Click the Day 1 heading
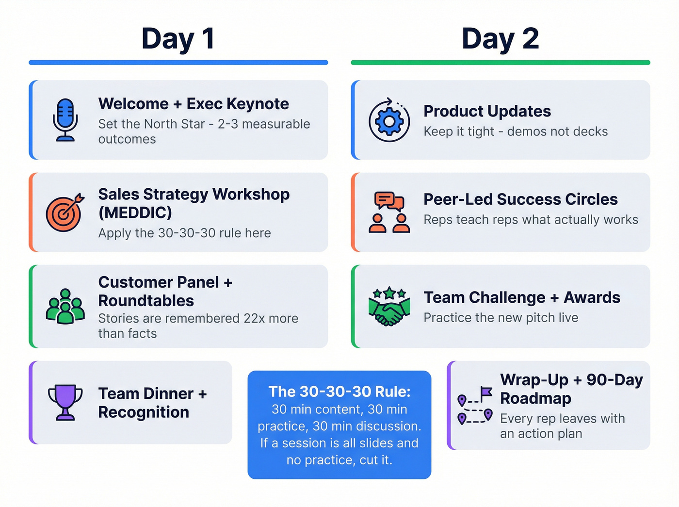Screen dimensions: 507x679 [178, 39]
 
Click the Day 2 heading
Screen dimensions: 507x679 [500, 39]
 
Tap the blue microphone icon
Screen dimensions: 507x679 [65, 120]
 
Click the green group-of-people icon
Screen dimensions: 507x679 [65, 307]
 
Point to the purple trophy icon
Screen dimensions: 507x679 [65, 402]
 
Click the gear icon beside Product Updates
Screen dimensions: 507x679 [389, 121]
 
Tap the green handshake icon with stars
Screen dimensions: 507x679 [389, 307]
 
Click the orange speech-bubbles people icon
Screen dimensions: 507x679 [389, 213]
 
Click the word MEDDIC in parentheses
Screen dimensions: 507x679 [135, 213]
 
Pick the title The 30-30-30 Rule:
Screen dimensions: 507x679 [339, 392]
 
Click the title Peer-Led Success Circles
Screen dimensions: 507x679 [520, 199]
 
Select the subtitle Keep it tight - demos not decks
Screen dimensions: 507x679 [516, 131]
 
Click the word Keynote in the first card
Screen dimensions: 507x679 [258, 104]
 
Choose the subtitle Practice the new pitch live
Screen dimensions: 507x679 [501, 318]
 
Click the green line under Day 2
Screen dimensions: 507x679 [500, 63]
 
